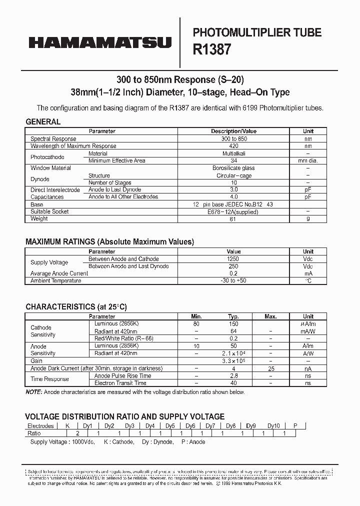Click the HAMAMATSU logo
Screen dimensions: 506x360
(100, 43)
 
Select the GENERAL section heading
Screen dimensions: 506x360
(43, 121)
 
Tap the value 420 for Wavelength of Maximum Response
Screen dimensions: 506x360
(233, 146)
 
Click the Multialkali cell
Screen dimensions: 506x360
(233, 153)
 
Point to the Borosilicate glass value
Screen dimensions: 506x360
(233, 168)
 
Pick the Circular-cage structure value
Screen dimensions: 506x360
(233, 175)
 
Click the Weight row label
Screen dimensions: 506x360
(39, 218)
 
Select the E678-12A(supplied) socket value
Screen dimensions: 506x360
(233, 211)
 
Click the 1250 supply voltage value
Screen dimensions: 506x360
(233, 259)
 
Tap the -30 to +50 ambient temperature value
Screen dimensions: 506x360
(233, 280)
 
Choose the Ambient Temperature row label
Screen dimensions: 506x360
(55, 280)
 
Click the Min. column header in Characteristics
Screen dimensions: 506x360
(196, 316)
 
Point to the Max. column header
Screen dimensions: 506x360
(270, 316)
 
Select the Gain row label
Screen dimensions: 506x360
(36, 360)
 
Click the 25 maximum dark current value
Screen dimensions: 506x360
(270, 368)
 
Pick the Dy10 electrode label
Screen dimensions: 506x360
(273, 426)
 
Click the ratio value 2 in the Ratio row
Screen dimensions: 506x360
(77, 433)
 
